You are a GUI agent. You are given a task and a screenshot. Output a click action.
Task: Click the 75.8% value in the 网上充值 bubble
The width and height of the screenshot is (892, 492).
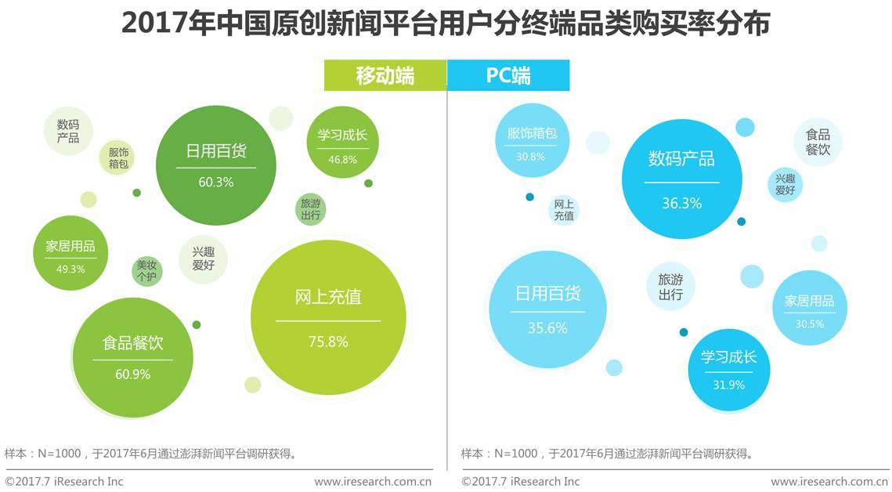point(328,342)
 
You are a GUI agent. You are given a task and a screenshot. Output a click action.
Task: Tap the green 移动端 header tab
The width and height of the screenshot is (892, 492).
point(385,76)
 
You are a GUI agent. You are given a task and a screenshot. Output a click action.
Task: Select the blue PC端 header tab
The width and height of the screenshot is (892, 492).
point(508,76)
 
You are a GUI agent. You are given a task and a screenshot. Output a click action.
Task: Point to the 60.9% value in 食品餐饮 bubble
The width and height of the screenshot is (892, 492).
point(132,374)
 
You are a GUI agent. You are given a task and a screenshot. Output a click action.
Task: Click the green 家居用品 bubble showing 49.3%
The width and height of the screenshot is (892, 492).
point(70,252)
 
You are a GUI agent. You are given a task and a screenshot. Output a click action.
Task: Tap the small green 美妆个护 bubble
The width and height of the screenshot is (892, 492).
point(146,270)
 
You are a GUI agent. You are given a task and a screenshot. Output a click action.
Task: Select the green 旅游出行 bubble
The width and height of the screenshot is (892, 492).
point(310,209)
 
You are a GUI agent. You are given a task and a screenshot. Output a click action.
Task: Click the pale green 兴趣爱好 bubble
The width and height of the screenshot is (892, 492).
point(204,259)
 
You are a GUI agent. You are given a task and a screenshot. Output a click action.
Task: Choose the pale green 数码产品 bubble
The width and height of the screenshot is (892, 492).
point(68,131)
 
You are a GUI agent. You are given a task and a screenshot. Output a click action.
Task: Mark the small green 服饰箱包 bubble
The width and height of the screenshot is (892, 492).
point(118,157)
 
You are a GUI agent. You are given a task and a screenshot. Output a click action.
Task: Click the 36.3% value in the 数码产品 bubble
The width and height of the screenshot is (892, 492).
point(681,204)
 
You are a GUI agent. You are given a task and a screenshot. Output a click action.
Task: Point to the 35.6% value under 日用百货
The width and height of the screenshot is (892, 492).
point(547,327)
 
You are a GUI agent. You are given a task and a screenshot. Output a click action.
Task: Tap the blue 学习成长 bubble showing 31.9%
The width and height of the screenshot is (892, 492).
point(728,370)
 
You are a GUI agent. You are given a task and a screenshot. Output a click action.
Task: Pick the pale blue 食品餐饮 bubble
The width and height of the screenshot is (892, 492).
point(818,142)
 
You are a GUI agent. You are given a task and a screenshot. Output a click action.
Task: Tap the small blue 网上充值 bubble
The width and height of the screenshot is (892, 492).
point(564,209)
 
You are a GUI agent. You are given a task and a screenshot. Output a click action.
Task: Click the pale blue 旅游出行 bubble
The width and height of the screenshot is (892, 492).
point(670,287)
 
